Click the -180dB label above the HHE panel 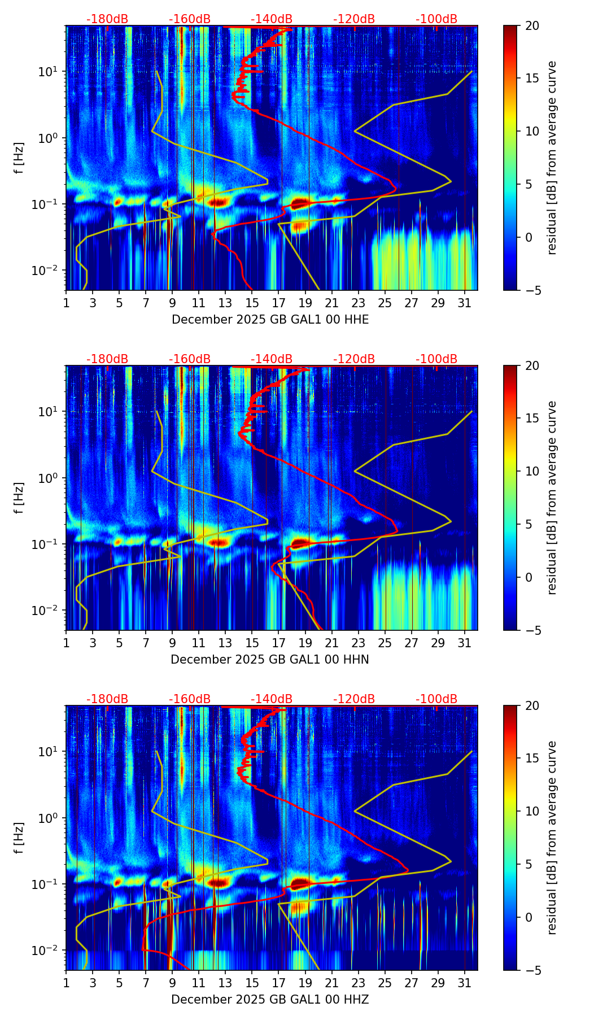click(x=107, y=19)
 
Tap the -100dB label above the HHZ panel click(x=436, y=699)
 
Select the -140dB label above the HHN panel click(x=272, y=359)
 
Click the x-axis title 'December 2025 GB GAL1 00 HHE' click(x=270, y=320)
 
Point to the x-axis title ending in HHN click(x=270, y=660)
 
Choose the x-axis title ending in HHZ click(x=270, y=1000)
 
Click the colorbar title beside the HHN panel click(x=552, y=498)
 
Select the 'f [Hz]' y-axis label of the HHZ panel click(x=19, y=838)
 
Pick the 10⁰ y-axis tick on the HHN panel click(x=49, y=478)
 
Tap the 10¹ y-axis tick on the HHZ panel click(x=49, y=751)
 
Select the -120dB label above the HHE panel click(x=354, y=19)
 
